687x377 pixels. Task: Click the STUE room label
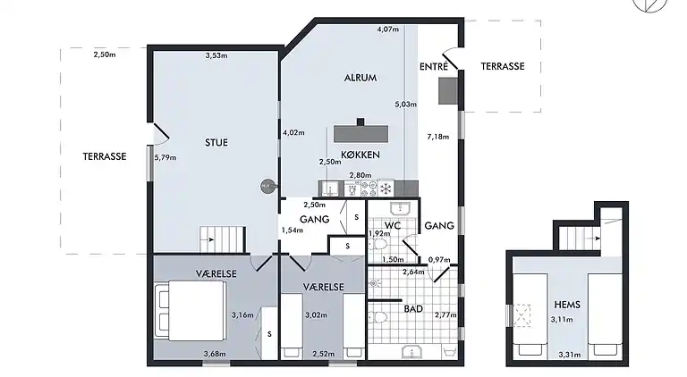click(x=216, y=143)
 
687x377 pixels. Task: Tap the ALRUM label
click(x=360, y=78)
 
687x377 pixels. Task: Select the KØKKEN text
click(x=360, y=155)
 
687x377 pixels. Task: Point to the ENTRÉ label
click(x=434, y=66)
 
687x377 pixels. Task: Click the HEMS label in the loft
click(x=567, y=305)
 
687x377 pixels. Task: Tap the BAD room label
click(x=413, y=309)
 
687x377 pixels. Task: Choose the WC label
click(x=393, y=226)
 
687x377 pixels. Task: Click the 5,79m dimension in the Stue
click(x=165, y=157)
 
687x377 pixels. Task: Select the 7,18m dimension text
click(x=438, y=137)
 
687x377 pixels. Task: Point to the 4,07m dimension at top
click(x=387, y=29)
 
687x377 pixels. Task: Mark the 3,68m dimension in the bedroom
click(x=215, y=354)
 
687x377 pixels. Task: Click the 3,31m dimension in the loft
click(x=570, y=355)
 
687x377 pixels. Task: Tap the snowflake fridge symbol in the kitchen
click(x=386, y=188)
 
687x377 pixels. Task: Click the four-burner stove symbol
click(x=369, y=188)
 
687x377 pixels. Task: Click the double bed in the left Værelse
click(x=191, y=311)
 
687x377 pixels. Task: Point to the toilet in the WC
click(x=378, y=244)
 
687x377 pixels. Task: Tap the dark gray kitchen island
click(x=361, y=133)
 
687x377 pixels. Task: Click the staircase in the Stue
click(x=222, y=239)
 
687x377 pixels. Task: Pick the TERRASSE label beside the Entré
click(x=503, y=66)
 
